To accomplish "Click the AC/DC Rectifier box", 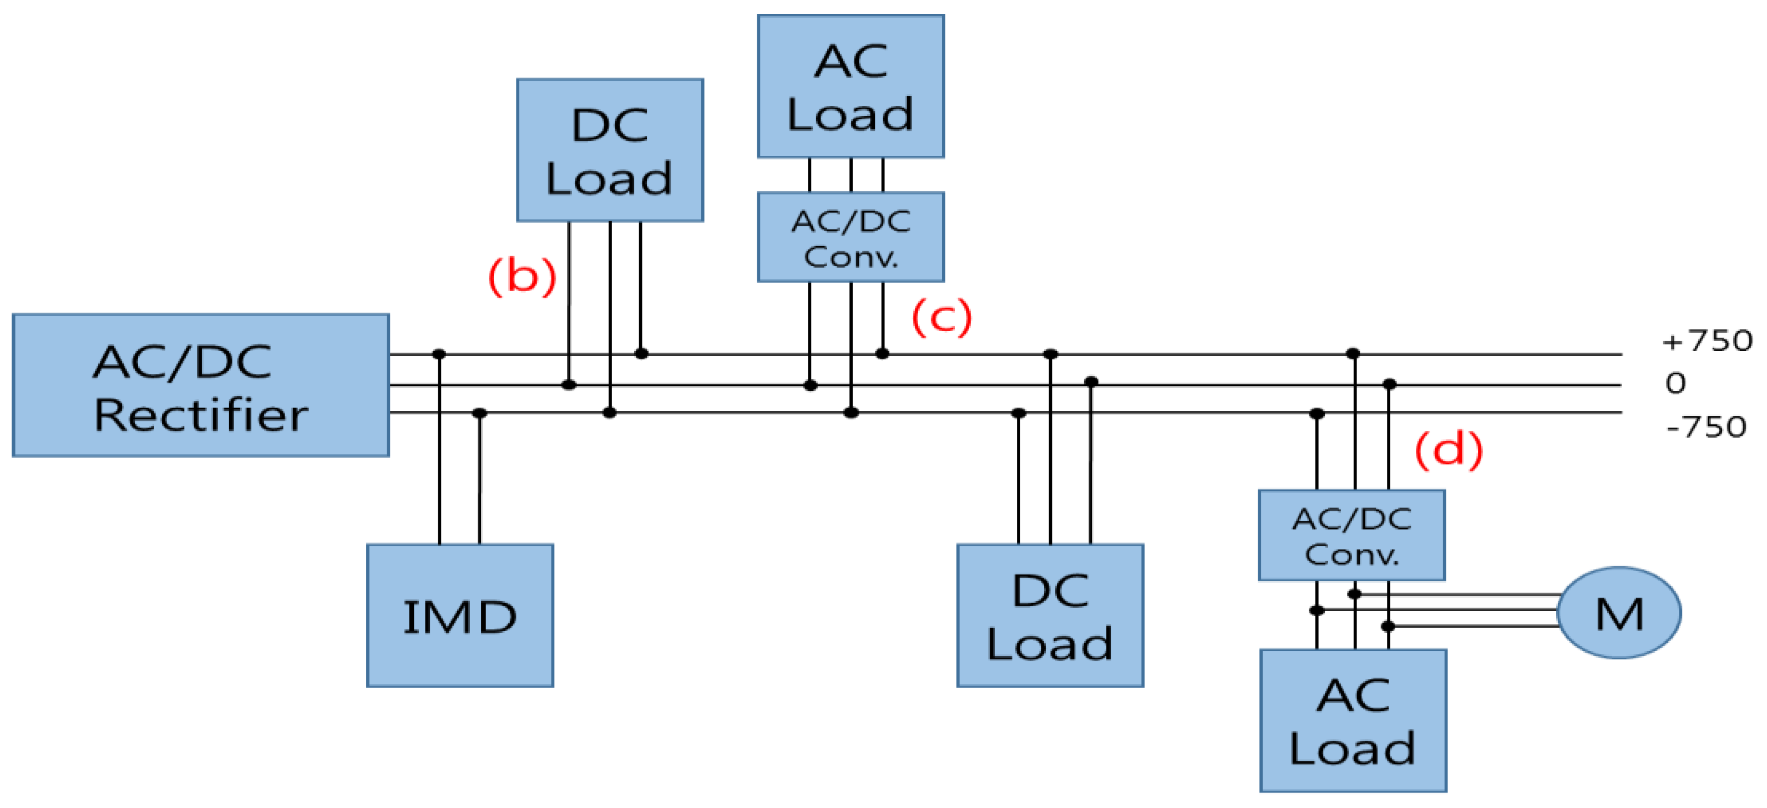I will pos(200,385).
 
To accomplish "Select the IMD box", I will pos(459,615).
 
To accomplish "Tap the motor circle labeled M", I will pos(1618,612).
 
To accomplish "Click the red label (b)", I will pos(522,276).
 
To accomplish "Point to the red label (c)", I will pos(941,317).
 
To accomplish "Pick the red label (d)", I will pos(1448,450).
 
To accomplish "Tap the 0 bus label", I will pos(1675,383).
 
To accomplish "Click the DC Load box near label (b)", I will pos(609,150).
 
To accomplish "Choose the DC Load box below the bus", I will pos(1050,615).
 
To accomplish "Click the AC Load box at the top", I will pos(850,87).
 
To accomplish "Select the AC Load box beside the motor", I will pos(1353,720).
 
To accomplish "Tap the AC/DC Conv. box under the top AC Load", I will pos(850,237).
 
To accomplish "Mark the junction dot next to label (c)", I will pos(882,354).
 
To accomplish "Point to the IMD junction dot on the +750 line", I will pos(439,354).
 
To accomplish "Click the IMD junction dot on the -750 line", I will pos(479,413).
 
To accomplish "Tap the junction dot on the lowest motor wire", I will pos(1388,626).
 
